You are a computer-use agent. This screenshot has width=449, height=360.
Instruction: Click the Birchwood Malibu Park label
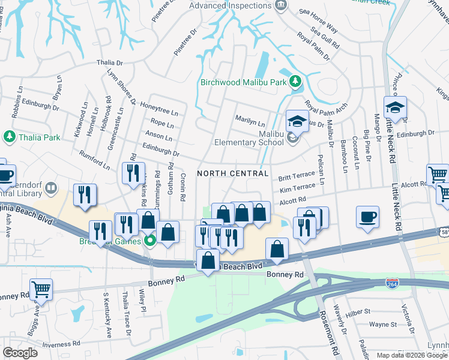(x=245, y=82)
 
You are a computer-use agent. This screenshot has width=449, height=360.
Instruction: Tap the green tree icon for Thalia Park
(x=9, y=137)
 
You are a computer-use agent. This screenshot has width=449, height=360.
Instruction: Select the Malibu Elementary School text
(x=249, y=138)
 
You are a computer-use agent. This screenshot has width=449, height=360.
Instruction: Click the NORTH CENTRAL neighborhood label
(x=232, y=173)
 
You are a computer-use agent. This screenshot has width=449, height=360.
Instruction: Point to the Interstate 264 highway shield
(x=392, y=282)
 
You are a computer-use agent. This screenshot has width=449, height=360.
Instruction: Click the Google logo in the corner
(x=20, y=353)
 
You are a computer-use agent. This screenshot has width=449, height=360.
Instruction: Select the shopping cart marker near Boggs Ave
(x=41, y=290)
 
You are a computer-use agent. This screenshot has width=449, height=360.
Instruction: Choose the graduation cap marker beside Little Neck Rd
(x=395, y=108)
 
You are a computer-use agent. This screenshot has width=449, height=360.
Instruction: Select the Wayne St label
(x=382, y=324)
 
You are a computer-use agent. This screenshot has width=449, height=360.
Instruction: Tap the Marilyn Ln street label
(x=250, y=119)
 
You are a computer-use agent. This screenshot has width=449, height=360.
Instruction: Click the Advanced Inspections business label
(x=230, y=5)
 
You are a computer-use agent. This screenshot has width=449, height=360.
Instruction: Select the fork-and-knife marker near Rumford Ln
(x=131, y=173)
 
